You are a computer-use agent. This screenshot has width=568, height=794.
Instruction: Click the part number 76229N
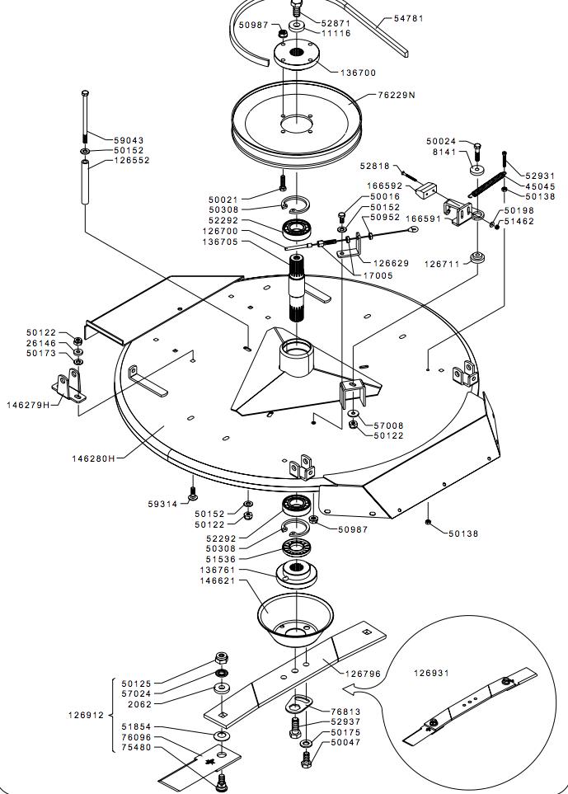[x=397, y=95]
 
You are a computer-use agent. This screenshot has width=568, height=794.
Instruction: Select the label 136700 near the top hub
[x=358, y=73]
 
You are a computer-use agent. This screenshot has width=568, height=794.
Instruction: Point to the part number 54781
[x=409, y=18]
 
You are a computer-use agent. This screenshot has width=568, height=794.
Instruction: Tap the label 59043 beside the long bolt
[x=129, y=140]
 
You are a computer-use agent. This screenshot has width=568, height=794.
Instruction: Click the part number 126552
[x=132, y=160]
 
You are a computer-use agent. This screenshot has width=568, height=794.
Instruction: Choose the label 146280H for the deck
[x=94, y=458]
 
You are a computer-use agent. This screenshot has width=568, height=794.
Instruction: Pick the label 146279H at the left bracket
[x=29, y=405]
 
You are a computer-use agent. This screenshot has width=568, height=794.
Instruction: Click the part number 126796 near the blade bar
[x=363, y=674]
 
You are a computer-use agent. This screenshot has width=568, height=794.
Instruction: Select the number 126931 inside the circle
[x=431, y=673]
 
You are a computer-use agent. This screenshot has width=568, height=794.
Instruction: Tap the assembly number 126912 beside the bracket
[x=86, y=715]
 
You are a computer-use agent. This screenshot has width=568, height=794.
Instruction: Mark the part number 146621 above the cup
[x=218, y=580]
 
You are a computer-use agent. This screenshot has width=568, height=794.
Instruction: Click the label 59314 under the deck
[x=163, y=504]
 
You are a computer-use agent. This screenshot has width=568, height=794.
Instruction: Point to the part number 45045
[x=540, y=186]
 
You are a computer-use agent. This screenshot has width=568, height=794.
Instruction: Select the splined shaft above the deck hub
[x=298, y=288]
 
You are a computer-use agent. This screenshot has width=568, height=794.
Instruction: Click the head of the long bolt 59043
[x=85, y=94]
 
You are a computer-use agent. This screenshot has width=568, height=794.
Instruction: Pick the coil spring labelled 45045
[x=486, y=184]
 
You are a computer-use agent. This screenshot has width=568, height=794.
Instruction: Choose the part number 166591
[x=425, y=218]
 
